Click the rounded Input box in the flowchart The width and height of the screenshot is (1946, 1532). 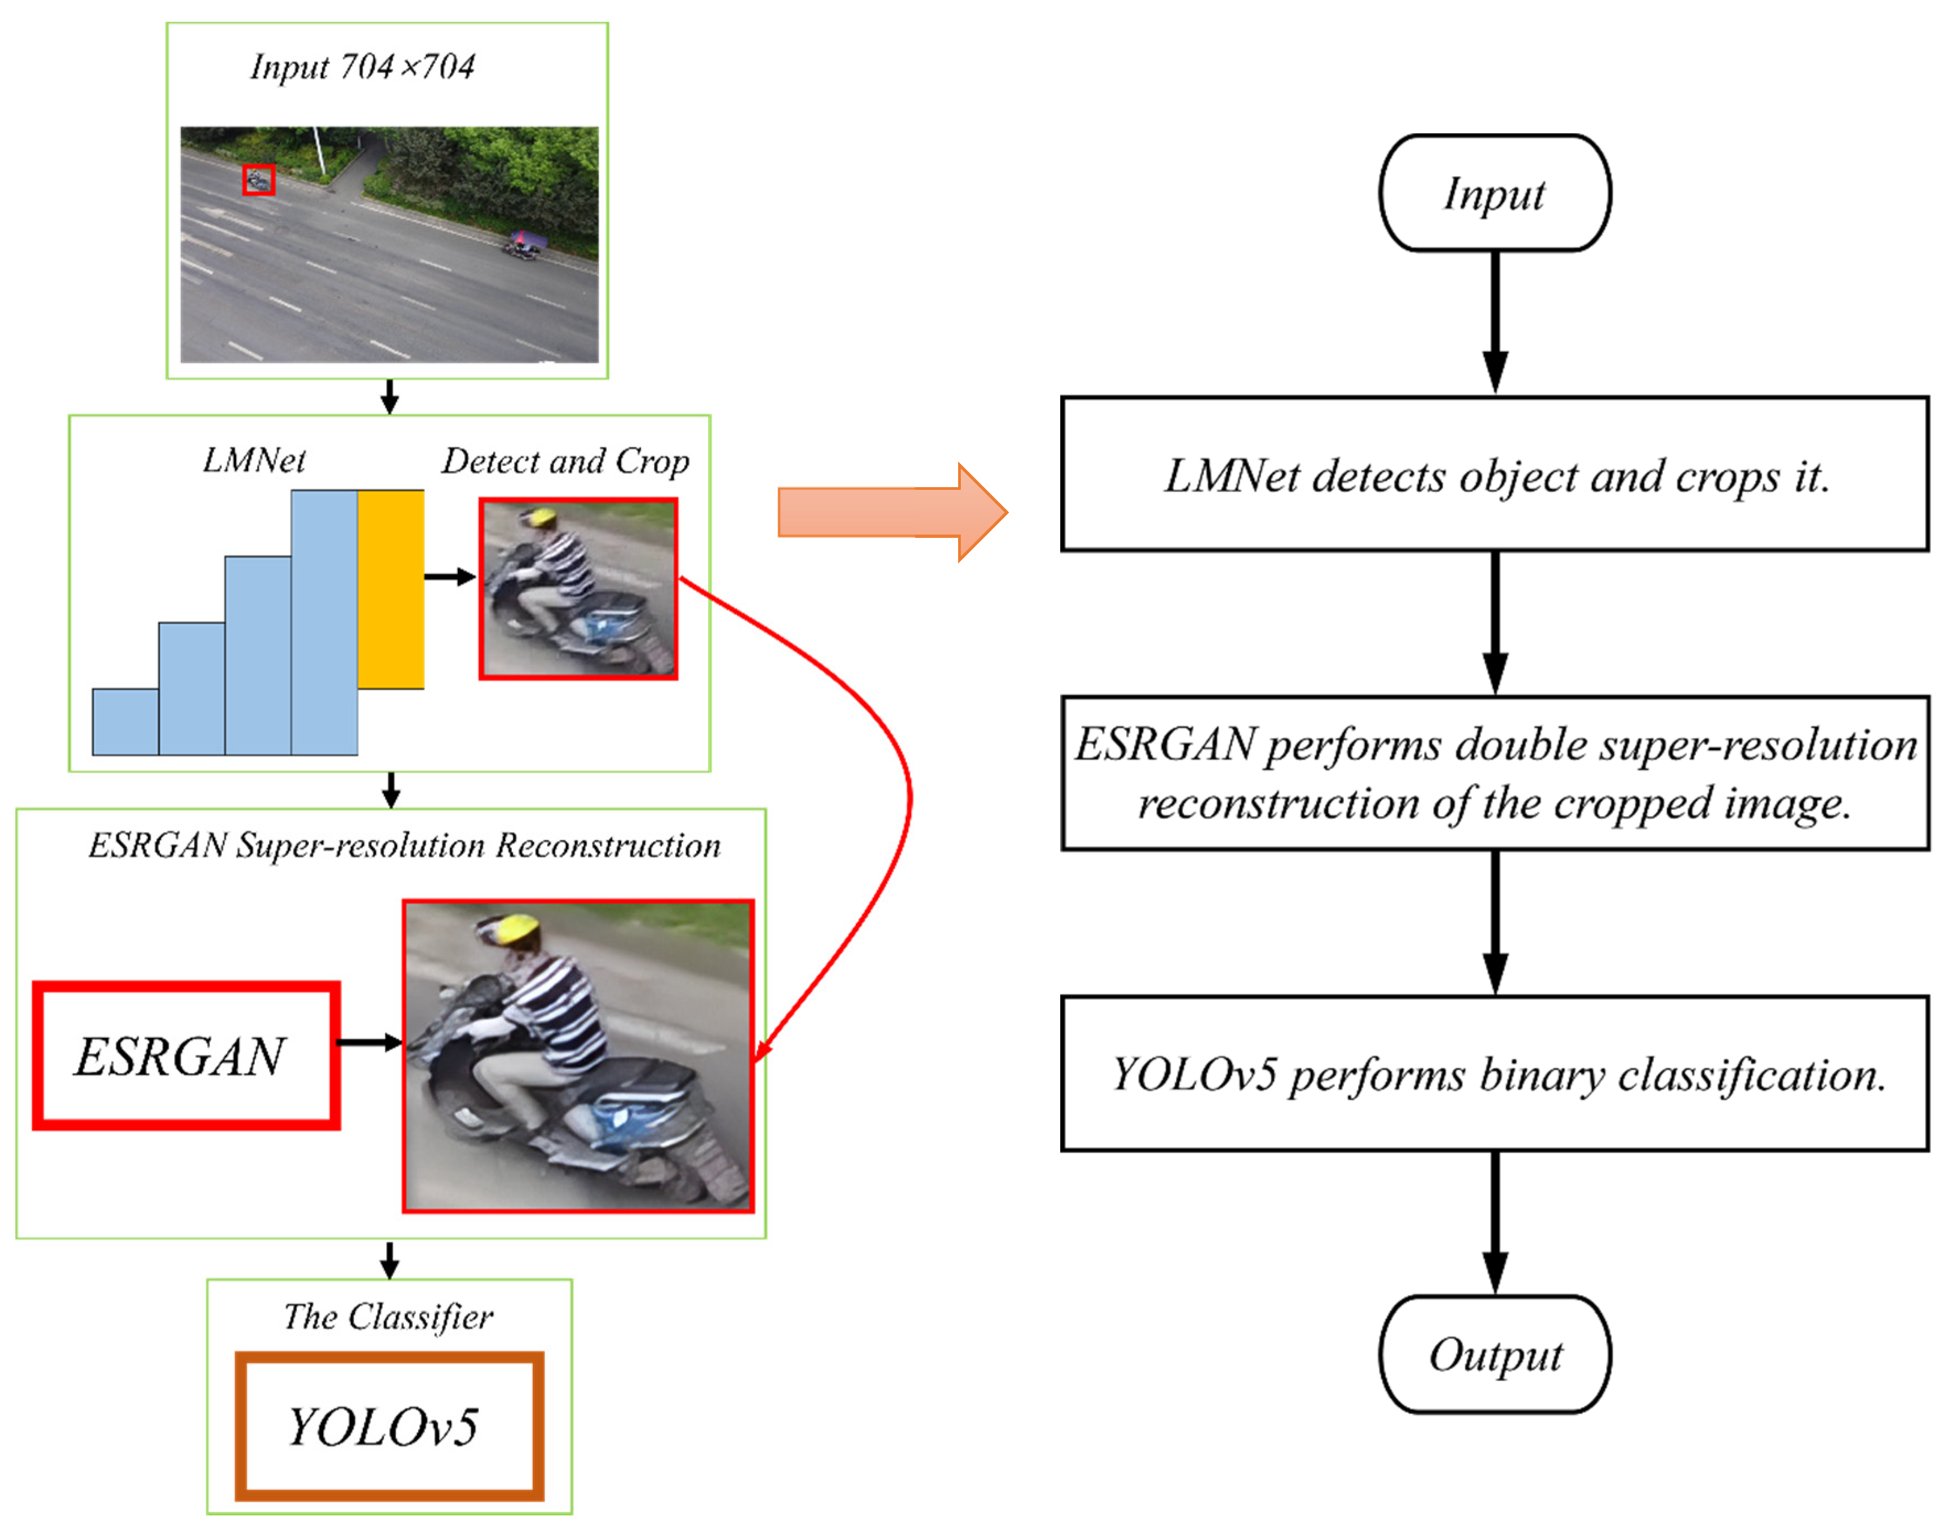click(x=1494, y=193)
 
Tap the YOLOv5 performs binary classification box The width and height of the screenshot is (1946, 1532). click(x=1494, y=1073)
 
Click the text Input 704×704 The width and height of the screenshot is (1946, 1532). click(x=362, y=66)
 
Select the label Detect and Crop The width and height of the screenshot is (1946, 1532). click(x=565, y=461)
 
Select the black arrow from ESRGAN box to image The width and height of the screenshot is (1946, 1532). click(x=368, y=1042)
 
